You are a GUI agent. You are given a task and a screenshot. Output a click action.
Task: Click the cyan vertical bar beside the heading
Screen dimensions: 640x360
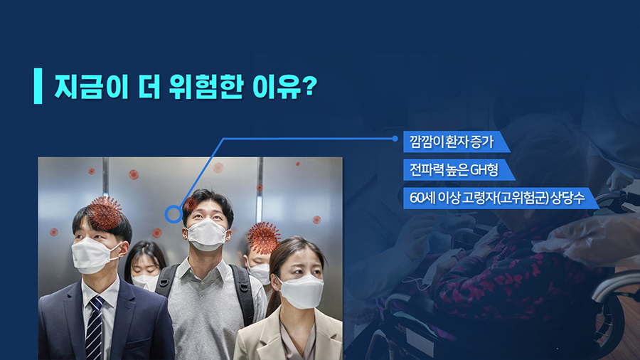[x=38, y=86]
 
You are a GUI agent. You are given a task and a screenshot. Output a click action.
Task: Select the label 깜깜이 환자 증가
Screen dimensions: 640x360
[x=452, y=142]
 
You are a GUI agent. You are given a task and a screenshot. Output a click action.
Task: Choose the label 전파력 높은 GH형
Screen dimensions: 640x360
[x=454, y=170]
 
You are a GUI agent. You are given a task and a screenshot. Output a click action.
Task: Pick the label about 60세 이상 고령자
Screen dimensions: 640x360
[x=497, y=198]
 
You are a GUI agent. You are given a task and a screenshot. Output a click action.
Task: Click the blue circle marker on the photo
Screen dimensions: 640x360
[x=174, y=214]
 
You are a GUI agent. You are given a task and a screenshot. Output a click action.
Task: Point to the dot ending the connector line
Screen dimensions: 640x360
[x=395, y=139]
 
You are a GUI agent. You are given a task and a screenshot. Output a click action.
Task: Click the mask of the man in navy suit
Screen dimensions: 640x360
[x=93, y=255]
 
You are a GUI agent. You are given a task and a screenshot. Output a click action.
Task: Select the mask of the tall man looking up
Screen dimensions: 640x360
[x=207, y=235]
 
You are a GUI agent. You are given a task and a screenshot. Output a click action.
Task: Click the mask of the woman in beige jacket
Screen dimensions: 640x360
[x=302, y=291]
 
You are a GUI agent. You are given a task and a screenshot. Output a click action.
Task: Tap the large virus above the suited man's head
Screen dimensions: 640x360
[x=105, y=212]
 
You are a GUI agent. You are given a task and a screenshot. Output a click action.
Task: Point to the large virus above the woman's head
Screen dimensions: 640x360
[x=264, y=238]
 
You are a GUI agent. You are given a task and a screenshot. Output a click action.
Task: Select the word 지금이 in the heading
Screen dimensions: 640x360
[x=92, y=87]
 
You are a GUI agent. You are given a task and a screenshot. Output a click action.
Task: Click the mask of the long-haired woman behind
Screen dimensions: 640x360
[x=144, y=281]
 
